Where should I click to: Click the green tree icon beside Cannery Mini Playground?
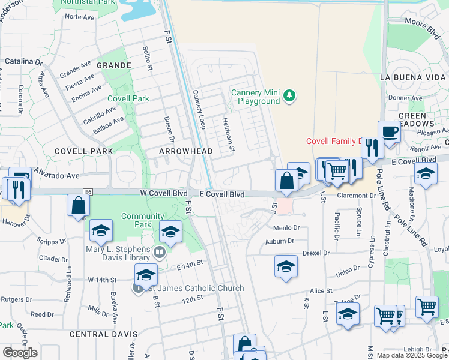click(x=290, y=97)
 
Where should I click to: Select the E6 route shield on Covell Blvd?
click(x=89, y=191)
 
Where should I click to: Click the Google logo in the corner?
click(x=20, y=353)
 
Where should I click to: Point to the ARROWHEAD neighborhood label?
click(x=185, y=151)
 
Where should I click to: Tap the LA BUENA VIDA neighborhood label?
click(x=414, y=77)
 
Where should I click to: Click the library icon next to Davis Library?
click(x=160, y=252)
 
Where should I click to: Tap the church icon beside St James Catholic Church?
click(x=138, y=288)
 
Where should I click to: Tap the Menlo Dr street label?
click(x=287, y=228)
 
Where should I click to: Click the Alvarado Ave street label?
click(x=56, y=176)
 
